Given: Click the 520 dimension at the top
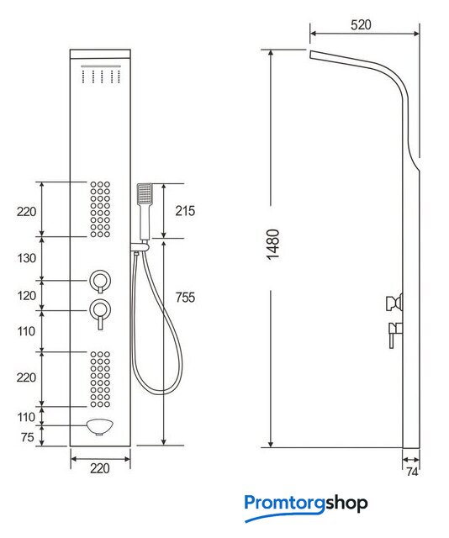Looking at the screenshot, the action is [x=361, y=25].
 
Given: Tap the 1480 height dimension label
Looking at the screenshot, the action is [x=273, y=245].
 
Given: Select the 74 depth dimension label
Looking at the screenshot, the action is [x=412, y=472].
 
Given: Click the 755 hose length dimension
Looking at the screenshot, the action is [x=185, y=297].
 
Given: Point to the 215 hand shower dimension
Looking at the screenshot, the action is [x=185, y=211].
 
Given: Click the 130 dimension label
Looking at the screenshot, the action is [x=26, y=258].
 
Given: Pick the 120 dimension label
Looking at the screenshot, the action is [x=26, y=295].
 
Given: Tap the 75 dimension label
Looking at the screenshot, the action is [x=27, y=437].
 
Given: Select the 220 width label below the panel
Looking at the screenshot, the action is [x=99, y=468].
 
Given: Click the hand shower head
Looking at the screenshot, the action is [x=145, y=194].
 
